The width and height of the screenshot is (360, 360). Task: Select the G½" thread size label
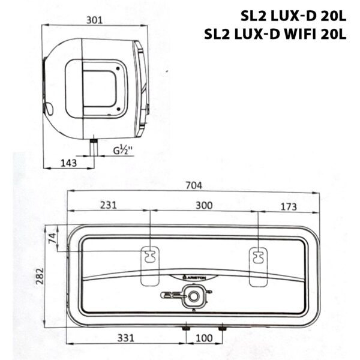123,151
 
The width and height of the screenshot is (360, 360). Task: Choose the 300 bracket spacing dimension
204,205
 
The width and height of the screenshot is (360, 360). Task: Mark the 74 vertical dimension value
52,238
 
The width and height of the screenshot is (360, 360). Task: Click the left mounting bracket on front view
148,256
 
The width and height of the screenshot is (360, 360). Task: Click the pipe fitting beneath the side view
93,144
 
